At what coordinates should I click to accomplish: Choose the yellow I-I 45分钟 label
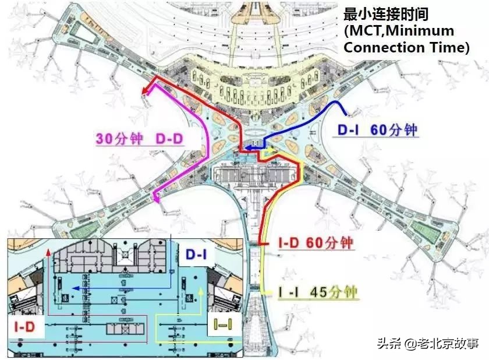pyautogui.click(x=317, y=291)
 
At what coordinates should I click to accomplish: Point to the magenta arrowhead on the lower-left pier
pyautogui.click(x=157, y=198)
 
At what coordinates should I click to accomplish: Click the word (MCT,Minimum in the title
pyautogui.click(x=399, y=30)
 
